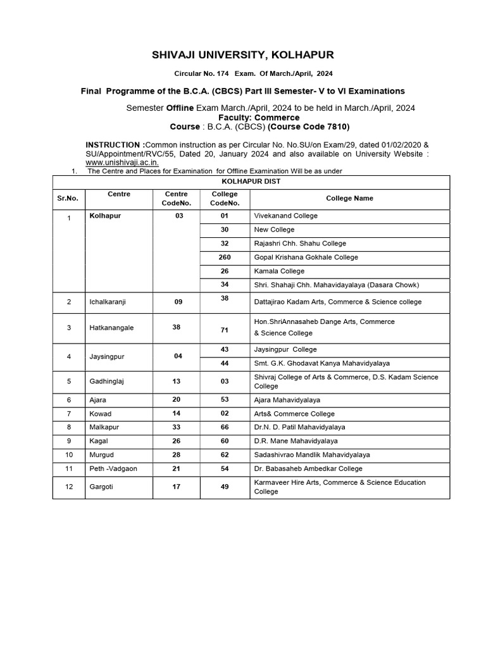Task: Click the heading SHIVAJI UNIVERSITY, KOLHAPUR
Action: click(243, 55)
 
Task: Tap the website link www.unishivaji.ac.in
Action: click(122, 162)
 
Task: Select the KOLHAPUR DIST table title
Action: click(251, 181)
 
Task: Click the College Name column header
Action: click(349, 198)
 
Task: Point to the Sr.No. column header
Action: click(68, 198)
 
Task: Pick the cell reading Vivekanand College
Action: click(285, 216)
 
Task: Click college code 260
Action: click(225, 257)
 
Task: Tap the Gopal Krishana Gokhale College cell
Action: click(306, 257)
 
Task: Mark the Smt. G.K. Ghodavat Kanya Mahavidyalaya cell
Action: click(321, 363)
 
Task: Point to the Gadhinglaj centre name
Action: click(107, 382)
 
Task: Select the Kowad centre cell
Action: click(100, 414)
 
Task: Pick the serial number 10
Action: click(70, 454)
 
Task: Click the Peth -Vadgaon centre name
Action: click(113, 468)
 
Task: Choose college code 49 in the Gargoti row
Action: click(225, 487)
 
